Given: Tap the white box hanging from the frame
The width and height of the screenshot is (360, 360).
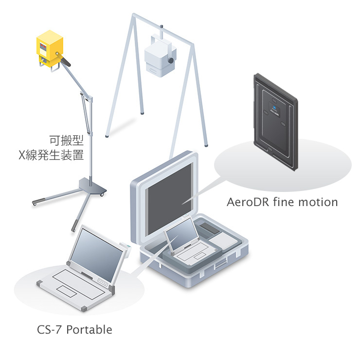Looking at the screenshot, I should tap(159, 57).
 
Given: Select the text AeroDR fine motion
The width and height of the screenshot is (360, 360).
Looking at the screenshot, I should tap(282, 202).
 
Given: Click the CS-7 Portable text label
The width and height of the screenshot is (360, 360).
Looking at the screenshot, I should tap(74, 330).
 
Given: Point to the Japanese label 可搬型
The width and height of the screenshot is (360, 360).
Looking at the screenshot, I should tap(66, 141).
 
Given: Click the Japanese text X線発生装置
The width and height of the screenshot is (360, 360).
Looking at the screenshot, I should tap(50, 155).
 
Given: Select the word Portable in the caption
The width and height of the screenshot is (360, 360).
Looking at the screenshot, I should tap(89, 330).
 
